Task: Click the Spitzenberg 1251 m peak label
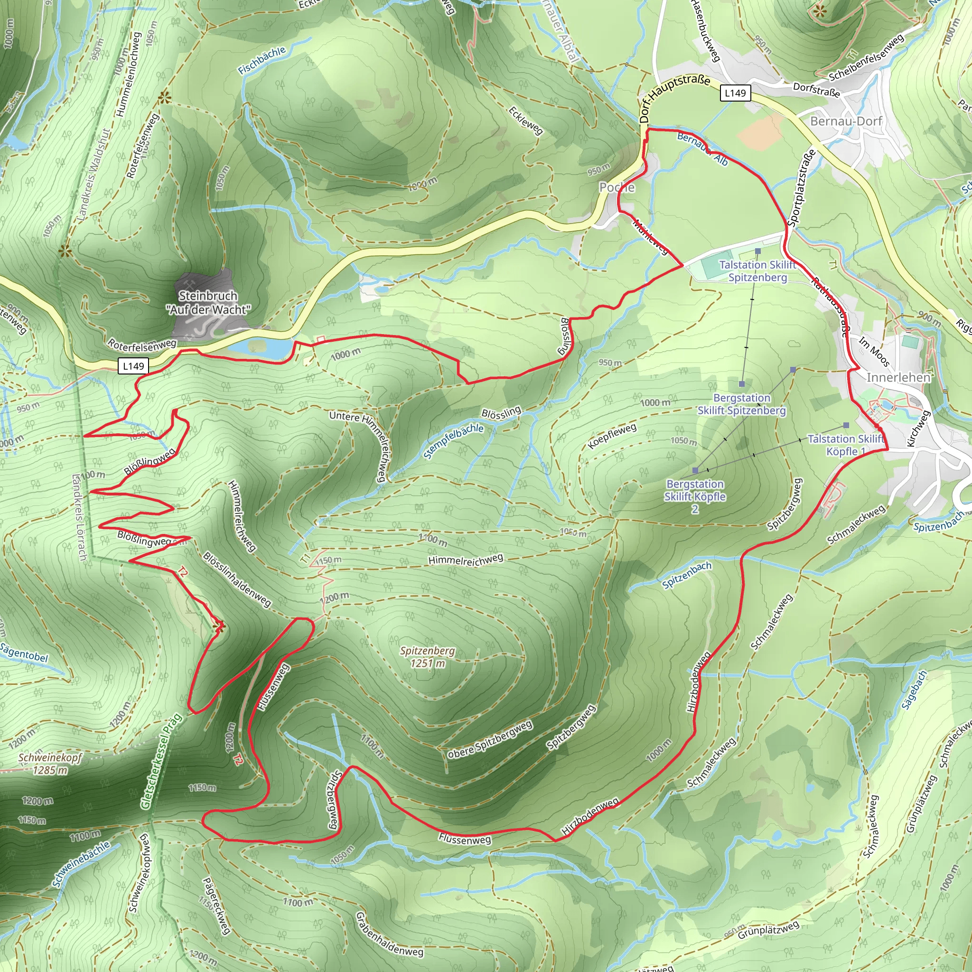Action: [427, 657]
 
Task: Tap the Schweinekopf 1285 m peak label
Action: [50, 764]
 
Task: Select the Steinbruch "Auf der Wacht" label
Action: [208, 302]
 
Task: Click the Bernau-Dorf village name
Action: [846, 121]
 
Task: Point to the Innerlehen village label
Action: [898, 377]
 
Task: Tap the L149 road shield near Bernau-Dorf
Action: [735, 93]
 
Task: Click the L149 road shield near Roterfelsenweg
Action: [133, 366]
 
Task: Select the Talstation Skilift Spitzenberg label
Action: [757, 271]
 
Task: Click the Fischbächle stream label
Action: [262, 60]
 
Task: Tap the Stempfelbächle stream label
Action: [453, 441]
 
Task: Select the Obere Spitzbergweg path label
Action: [489, 739]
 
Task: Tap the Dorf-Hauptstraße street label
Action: [674, 98]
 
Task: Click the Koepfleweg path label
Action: [612, 436]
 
